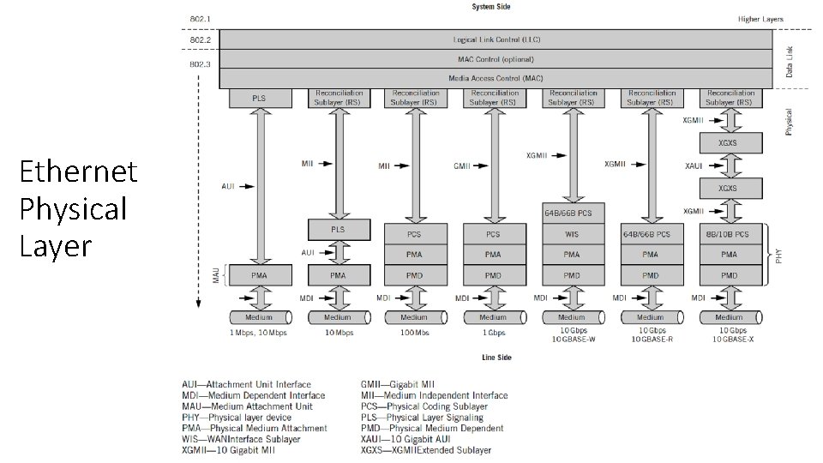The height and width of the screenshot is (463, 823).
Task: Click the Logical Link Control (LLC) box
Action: (x=496, y=39)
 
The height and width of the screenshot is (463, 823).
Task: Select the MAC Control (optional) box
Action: (x=496, y=59)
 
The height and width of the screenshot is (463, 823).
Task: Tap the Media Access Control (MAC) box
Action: (x=496, y=78)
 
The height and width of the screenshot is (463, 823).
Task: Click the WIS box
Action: (x=572, y=232)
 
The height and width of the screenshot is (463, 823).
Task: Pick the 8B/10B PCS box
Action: (x=729, y=233)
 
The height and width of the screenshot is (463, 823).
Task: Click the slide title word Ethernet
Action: (x=78, y=172)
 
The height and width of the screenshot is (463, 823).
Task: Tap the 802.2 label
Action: (x=200, y=39)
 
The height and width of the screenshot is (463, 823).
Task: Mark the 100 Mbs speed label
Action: (x=414, y=332)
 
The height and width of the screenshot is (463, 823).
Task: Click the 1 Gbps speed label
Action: (x=493, y=332)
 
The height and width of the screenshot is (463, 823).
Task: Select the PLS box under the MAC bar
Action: (x=258, y=98)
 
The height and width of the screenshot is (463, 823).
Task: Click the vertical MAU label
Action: (x=217, y=274)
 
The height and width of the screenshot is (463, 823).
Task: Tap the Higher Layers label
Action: (x=760, y=18)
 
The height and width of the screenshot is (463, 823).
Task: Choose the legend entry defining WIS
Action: (x=241, y=439)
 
